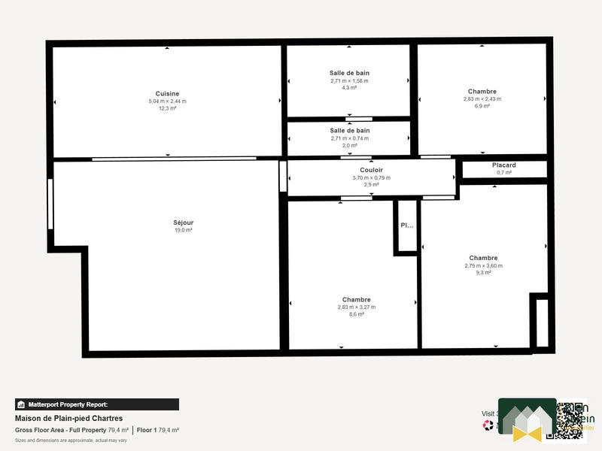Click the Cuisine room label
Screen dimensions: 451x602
pyautogui.click(x=167, y=93)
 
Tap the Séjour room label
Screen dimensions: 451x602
pyautogui.click(x=183, y=222)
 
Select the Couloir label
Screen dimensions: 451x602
pyautogui.click(x=372, y=171)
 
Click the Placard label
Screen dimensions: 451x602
pyautogui.click(x=503, y=165)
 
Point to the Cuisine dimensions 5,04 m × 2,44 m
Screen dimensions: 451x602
pyautogui.click(x=167, y=101)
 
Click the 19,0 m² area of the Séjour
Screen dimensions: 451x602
pyautogui.click(x=183, y=230)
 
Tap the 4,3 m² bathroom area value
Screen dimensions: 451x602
pyautogui.click(x=349, y=87)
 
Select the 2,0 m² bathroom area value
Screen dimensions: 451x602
pyautogui.click(x=349, y=145)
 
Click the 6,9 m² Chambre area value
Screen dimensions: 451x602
pyautogui.click(x=482, y=106)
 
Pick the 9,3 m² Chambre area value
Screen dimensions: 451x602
pyautogui.click(x=483, y=272)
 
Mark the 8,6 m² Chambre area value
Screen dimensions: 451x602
pyautogui.click(x=356, y=314)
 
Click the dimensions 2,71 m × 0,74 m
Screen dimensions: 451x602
pyautogui.click(x=349, y=138)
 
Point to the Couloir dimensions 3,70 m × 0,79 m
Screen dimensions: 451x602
pyautogui.click(x=372, y=177)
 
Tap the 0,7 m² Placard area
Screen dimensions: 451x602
pyautogui.click(x=503, y=172)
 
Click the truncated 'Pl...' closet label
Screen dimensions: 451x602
pyautogui.click(x=406, y=225)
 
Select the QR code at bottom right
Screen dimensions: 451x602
pyautogui.click(x=569, y=419)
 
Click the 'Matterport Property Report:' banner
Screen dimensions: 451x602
pyautogui.click(x=97, y=404)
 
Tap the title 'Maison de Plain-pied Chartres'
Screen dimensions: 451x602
pyautogui.click(x=68, y=418)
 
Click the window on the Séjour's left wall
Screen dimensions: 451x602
pyautogui.click(x=50, y=204)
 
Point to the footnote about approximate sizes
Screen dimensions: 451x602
pyautogui.click(x=71, y=440)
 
